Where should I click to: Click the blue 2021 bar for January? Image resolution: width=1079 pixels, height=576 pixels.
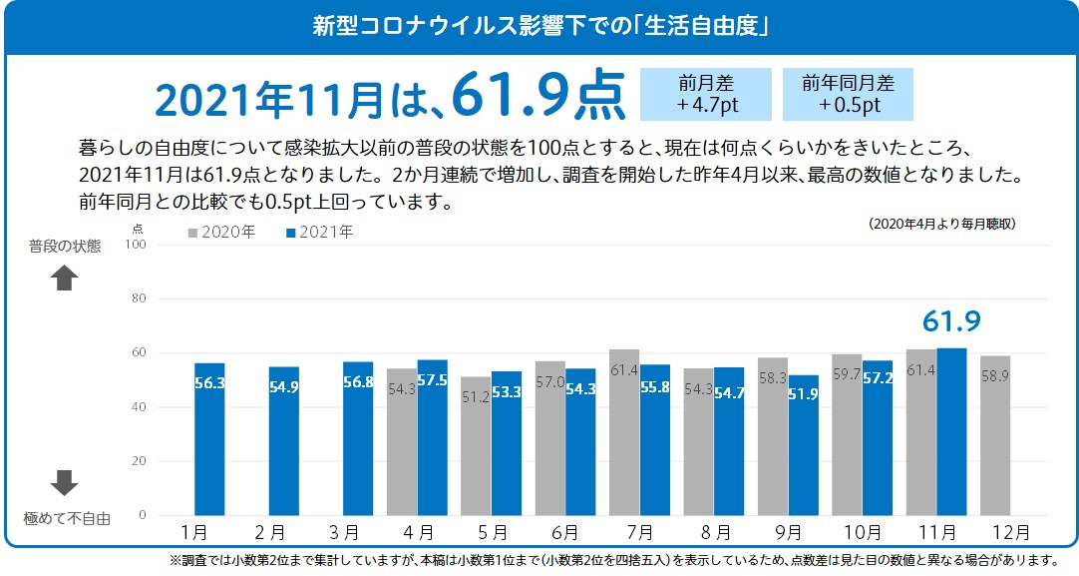209,439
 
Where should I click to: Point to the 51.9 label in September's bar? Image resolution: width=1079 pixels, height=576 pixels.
803,394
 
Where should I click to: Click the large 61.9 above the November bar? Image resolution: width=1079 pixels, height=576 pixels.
951,321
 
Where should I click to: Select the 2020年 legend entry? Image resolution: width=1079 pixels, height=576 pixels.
221,233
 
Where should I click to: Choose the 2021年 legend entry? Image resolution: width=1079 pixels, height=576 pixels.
319,233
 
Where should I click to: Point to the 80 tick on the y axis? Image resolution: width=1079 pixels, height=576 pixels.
139,298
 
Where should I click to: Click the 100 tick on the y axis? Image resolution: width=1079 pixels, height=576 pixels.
136,245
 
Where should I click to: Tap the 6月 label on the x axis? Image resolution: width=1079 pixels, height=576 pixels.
564,533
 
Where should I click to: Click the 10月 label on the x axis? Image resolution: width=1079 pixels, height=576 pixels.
861,533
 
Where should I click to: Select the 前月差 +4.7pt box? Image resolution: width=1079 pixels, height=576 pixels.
706,94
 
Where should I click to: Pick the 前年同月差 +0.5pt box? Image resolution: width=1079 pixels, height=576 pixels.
848,94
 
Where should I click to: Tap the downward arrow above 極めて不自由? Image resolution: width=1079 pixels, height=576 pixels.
65,483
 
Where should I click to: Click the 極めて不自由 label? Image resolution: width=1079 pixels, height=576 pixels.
67,518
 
